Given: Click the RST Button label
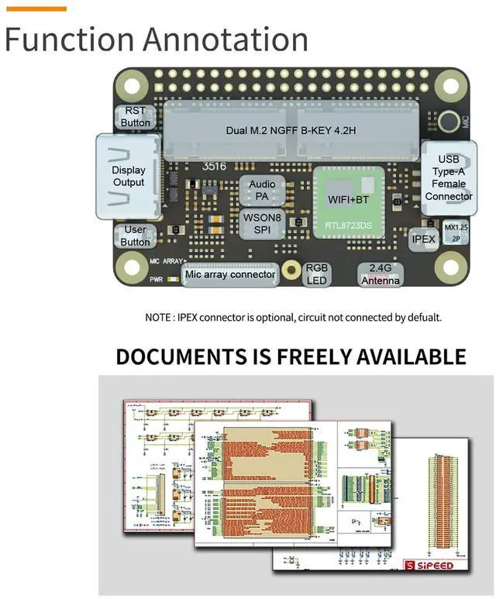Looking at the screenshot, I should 136,116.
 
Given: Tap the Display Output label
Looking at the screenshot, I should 129,176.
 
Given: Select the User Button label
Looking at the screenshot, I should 135,236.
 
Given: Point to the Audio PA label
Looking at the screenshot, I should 261,190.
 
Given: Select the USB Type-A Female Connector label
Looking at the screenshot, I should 449,177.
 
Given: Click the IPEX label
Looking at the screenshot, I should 423,239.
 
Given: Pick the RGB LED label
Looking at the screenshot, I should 316,274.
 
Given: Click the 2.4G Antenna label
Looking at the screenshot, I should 381,274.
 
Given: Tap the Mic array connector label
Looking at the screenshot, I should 230,274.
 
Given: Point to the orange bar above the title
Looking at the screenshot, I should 36,8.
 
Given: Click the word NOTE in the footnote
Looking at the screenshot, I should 159,318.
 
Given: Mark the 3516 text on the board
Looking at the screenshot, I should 214,166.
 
